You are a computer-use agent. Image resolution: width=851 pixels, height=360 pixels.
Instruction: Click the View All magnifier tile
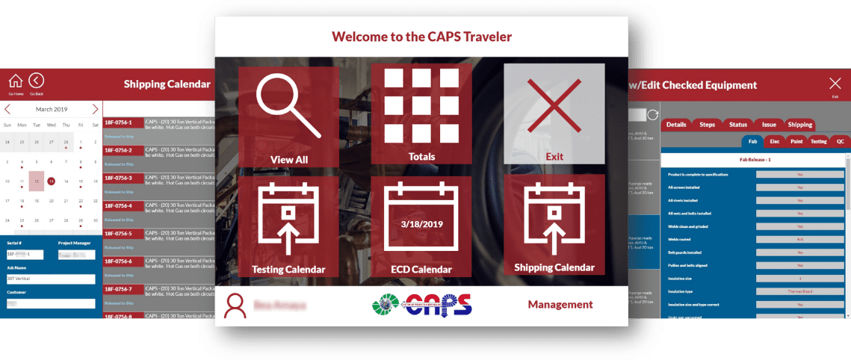[x=288, y=116]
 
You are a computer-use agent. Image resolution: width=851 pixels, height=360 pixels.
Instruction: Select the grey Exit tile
[x=554, y=114]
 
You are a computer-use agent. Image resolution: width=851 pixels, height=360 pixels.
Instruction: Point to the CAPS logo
[x=422, y=305]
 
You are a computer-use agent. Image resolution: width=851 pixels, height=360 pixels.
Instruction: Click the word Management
[x=560, y=305]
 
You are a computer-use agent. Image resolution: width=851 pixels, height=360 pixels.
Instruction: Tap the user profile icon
[x=235, y=305]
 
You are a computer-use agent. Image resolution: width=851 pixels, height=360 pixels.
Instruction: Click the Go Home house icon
[x=16, y=81]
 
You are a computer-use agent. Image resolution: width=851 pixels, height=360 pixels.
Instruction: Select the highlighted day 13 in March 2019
[x=51, y=181]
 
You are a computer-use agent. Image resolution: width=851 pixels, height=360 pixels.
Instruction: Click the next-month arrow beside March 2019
[x=95, y=109]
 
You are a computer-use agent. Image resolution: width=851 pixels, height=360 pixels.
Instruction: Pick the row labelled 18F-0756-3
[x=118, y=178]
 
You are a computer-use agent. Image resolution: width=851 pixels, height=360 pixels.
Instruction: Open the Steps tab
[x=707, y=125]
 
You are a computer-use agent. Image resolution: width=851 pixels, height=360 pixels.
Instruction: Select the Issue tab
[x=768, y=125]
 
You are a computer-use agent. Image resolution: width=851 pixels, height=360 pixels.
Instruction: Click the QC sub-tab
[x=840, y=140]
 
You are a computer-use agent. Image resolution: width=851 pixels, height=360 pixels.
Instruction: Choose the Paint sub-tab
[x=796, y=140]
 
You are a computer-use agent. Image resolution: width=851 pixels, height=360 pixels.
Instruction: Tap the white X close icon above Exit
[x=835, y=83]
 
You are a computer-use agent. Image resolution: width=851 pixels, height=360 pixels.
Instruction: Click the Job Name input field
[x=51, y=279]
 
